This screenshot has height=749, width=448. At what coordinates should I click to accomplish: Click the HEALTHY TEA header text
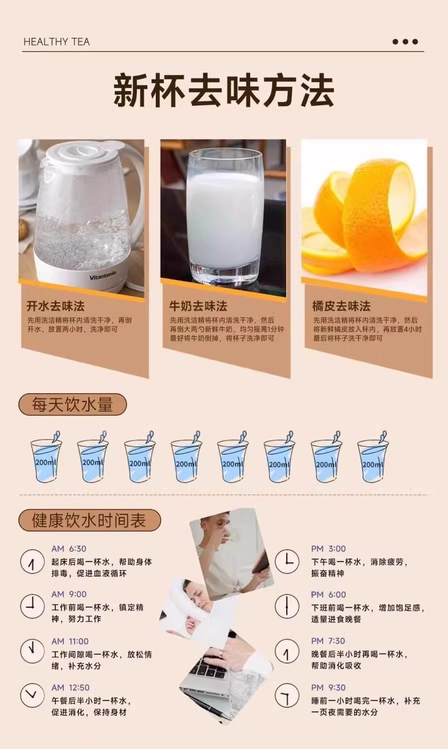(x=57, y=42)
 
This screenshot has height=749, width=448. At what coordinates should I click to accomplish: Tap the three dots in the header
(x=405, y=42)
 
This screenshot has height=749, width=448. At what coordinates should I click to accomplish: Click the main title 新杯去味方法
(x=224, y=91)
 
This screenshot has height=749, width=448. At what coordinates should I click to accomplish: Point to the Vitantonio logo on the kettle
(x=103, y=276)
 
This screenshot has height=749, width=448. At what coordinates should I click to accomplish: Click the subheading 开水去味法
(x=55, y=306)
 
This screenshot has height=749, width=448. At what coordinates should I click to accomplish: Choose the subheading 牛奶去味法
(x=198, y=306)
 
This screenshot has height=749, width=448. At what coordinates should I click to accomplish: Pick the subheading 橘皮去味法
(x=341, y=306)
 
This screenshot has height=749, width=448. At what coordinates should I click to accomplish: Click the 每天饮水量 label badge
(x=72, y=404)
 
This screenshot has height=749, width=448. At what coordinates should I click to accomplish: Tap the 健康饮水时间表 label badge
(x=89, y=520)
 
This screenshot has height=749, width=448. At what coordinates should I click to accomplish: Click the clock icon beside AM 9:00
(x=32, y=606)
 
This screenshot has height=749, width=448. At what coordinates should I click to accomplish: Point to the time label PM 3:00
(x=328, y=549)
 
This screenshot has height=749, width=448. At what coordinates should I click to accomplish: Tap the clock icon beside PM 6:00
(x=287, y=606)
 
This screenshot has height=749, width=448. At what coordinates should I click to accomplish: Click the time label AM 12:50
(x=70, y=688)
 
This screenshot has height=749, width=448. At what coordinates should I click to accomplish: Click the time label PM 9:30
(x=328, y=688)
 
